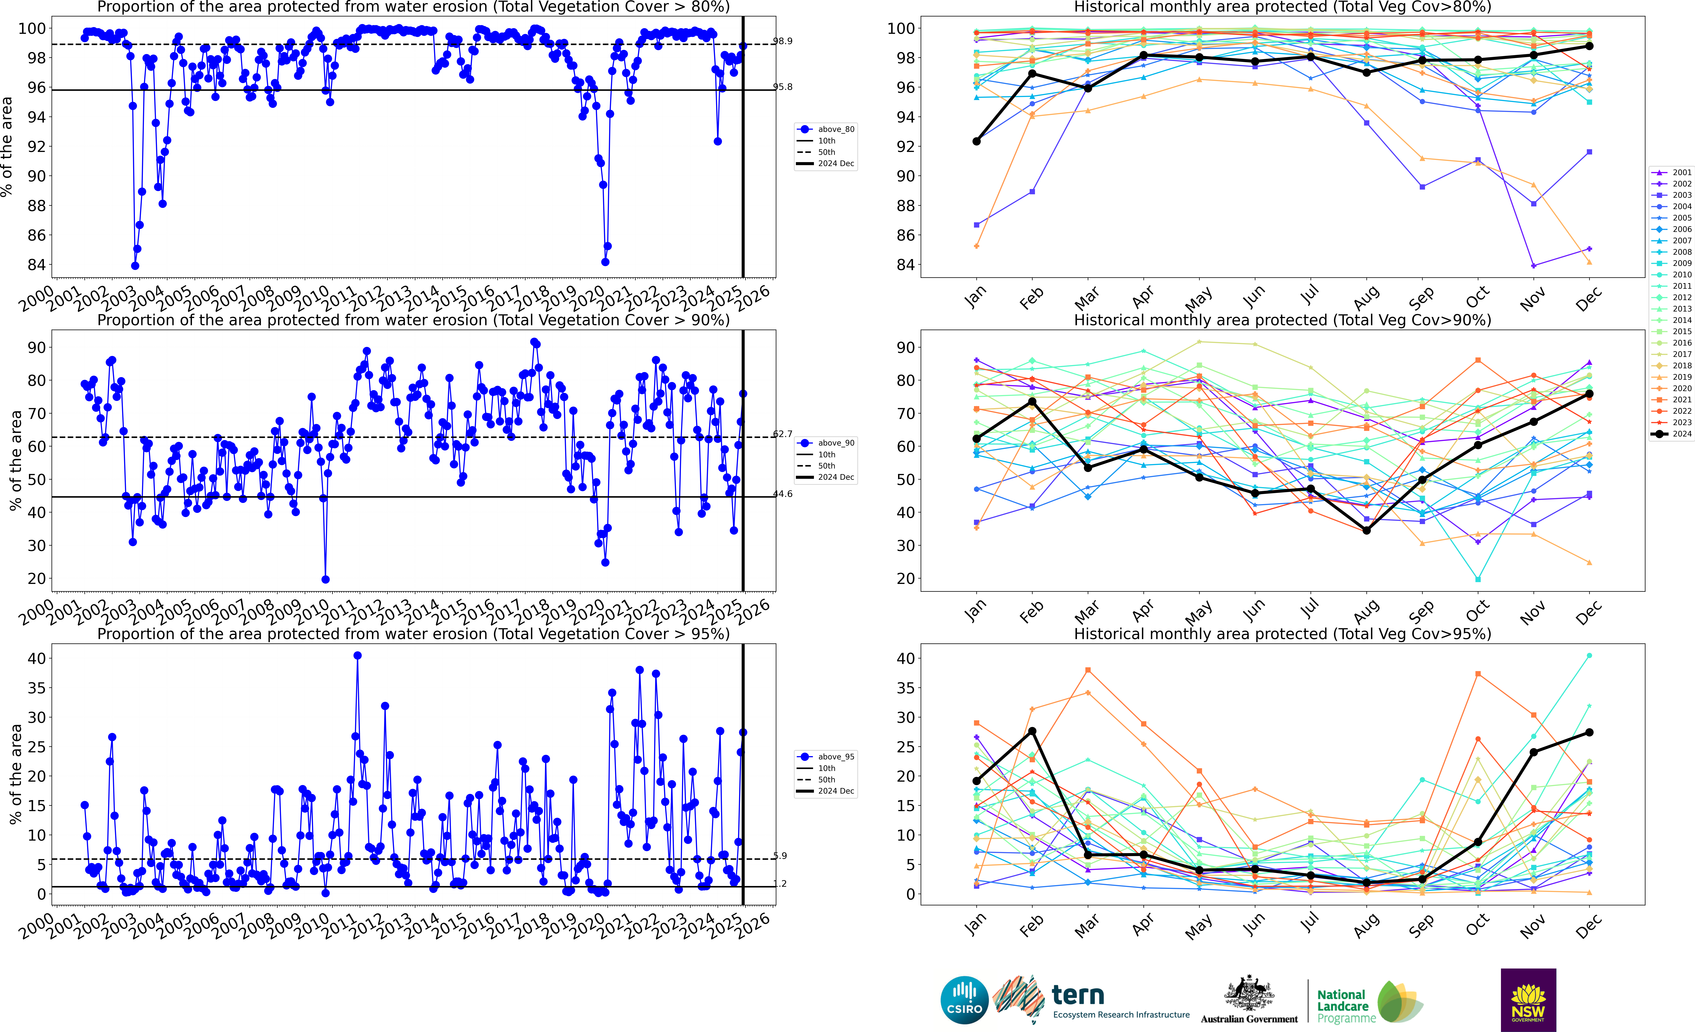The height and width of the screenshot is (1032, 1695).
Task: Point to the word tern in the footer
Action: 1078,995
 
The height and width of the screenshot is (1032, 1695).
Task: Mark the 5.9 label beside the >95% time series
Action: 780,856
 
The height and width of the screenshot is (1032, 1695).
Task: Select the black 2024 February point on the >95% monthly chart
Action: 1032,731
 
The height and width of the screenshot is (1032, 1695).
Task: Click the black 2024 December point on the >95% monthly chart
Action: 1589,733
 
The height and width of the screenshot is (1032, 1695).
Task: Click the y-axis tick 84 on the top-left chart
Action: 36,265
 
